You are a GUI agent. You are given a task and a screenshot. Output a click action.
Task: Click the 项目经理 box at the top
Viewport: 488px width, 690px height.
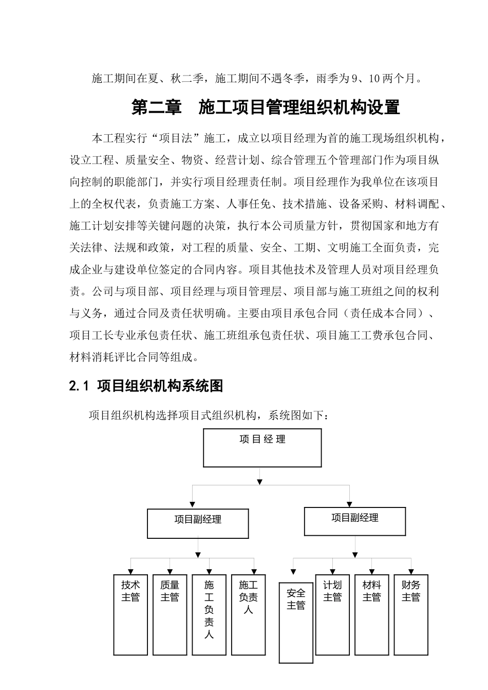coord(262,447)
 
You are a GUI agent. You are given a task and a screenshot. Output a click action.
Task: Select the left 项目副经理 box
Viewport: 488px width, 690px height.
coord(198,523)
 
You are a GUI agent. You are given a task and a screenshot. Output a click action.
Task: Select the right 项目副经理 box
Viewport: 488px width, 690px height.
coord(355,521)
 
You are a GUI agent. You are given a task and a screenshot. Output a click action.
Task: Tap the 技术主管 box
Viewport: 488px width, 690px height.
coord(130,614)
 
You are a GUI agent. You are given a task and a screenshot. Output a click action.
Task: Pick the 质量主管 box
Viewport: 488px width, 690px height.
coord(170,614)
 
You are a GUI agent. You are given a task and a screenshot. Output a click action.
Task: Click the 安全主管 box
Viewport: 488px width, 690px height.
coord(296,622)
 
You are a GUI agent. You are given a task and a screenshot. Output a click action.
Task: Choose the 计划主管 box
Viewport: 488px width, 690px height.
coord(332,614)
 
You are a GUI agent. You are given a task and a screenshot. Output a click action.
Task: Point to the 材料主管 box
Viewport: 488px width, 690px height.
coord(371,614)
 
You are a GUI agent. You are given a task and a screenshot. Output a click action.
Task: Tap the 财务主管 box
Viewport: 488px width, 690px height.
coord(411,614)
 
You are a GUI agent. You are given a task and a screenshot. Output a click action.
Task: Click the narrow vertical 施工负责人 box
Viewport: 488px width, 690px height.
coord(209,614)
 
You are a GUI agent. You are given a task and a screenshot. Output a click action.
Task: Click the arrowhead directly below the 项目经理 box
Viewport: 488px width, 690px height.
coord(260,482)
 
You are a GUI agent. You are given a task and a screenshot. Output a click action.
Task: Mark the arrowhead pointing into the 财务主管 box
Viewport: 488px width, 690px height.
coord(411,572)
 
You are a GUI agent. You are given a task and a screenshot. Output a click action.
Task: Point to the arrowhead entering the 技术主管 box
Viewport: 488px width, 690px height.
coord(130,572)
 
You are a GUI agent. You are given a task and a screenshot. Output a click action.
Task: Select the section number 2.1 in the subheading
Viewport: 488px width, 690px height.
coord(79,386)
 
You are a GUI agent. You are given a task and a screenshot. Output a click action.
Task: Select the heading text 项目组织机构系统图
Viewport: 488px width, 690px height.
coord(160,386)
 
